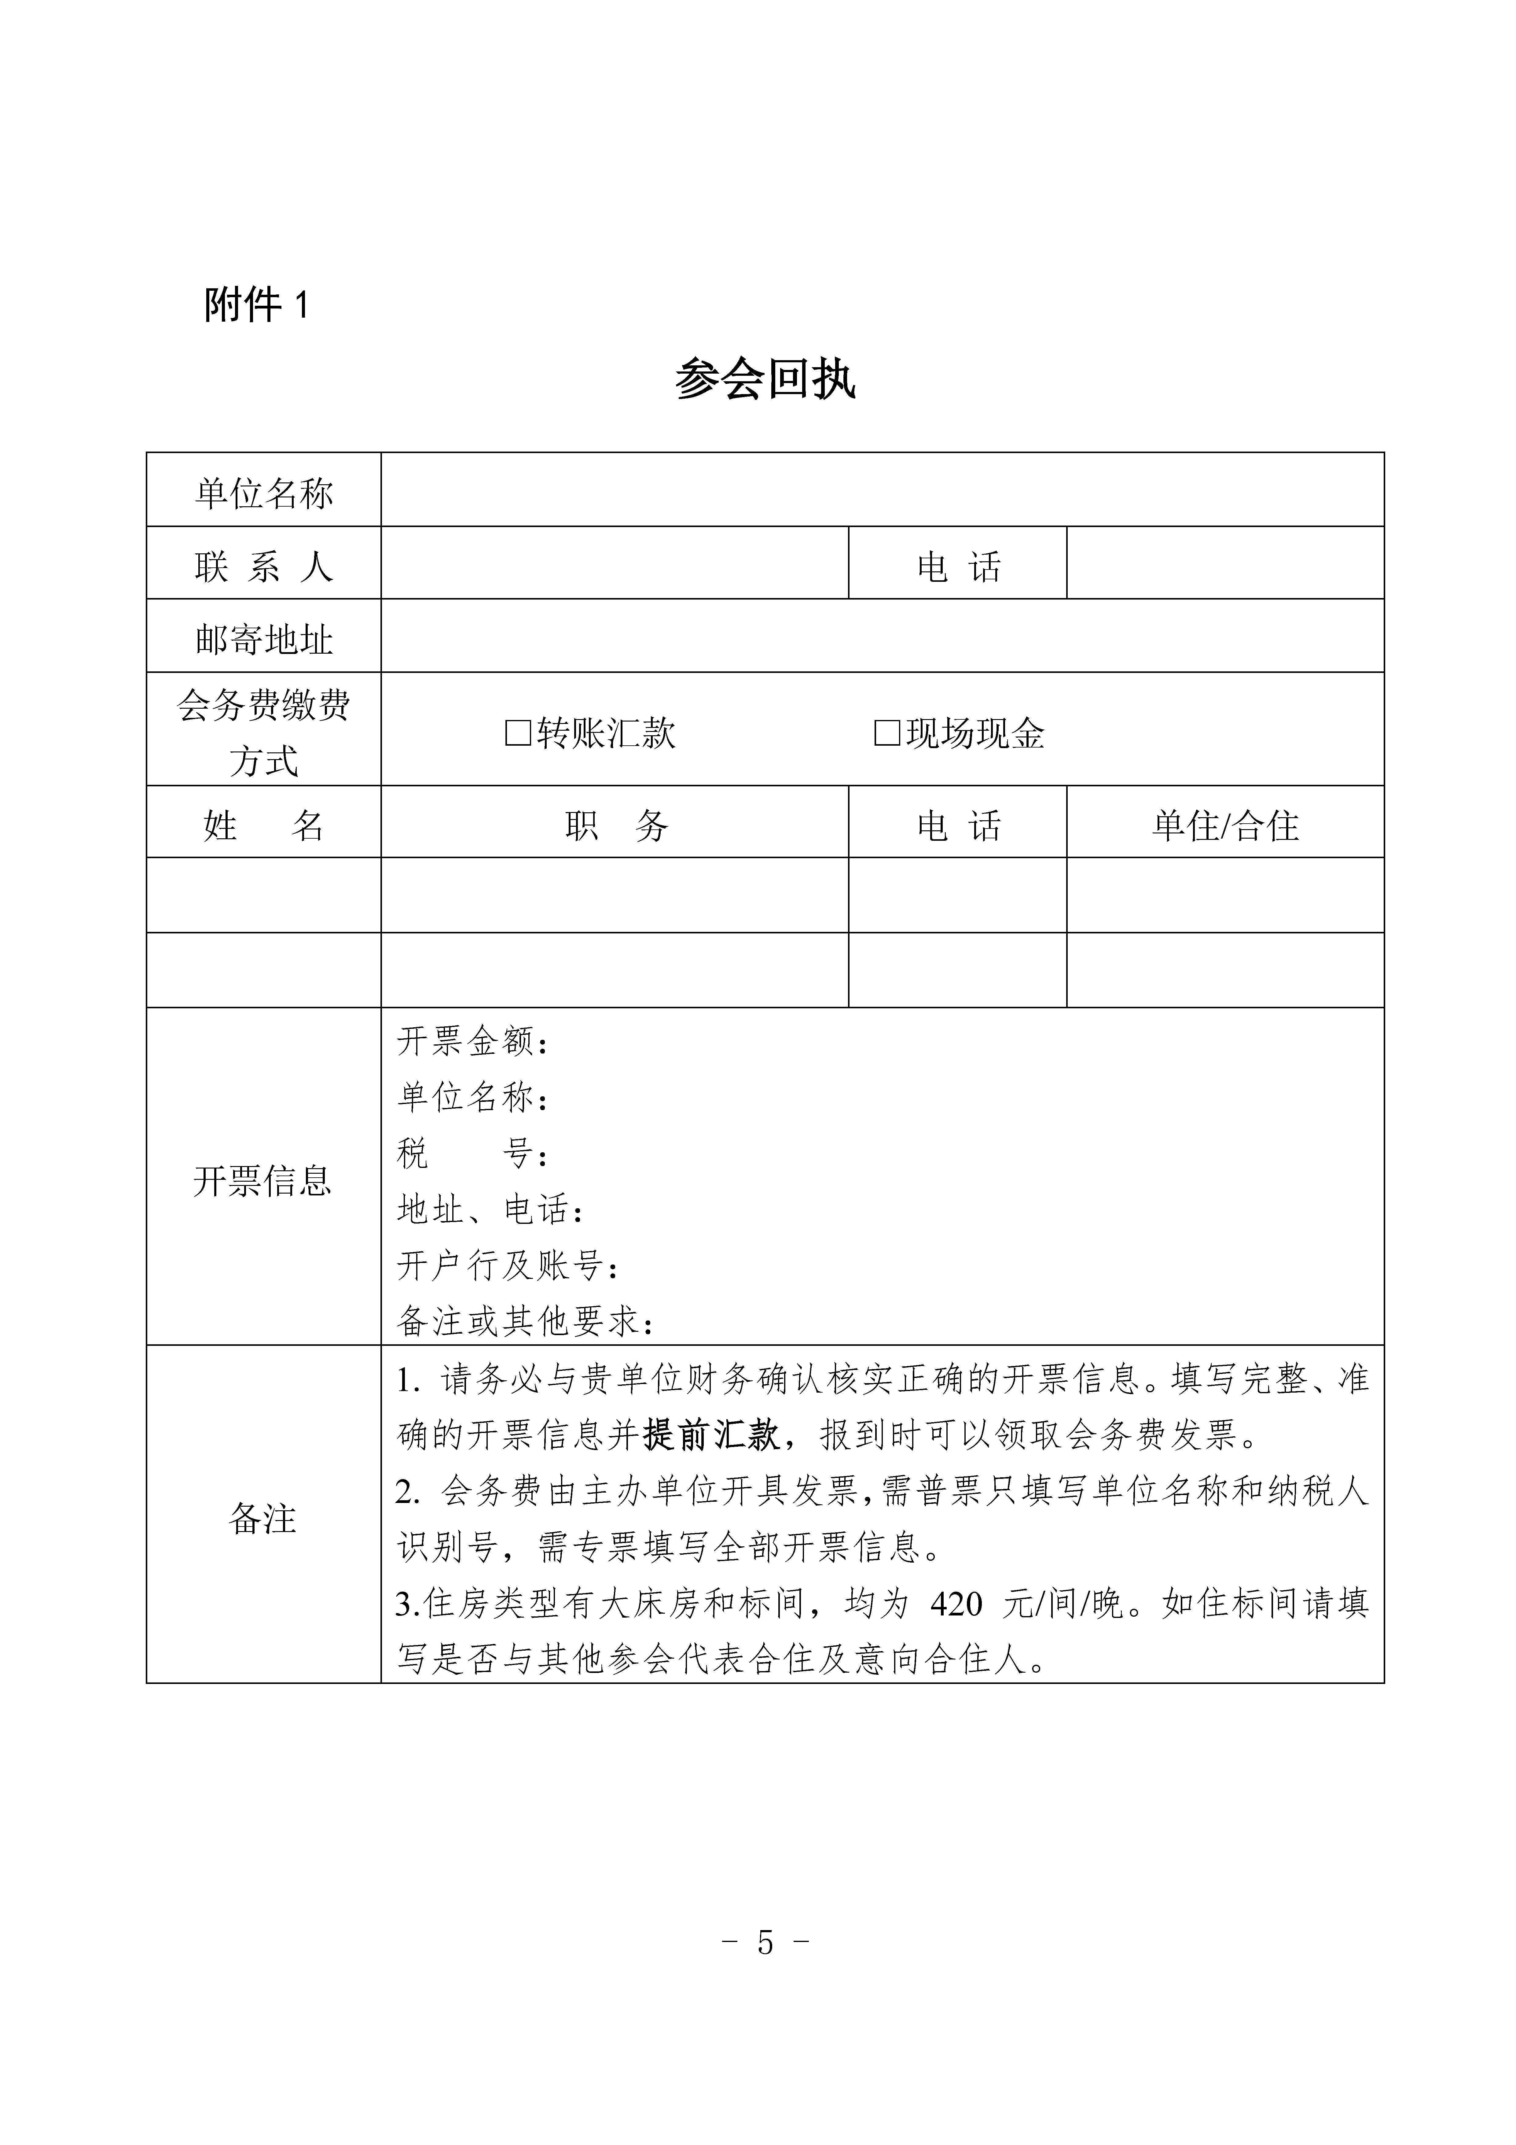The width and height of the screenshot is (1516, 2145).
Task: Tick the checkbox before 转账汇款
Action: pos(517,733)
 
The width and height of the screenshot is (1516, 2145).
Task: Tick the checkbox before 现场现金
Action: pos(886,733)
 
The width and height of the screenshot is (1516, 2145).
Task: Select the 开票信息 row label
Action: pos(262,1181)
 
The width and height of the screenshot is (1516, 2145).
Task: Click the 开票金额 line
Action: pos(472,1041)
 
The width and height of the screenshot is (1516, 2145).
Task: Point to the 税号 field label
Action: pos(472,1154)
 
